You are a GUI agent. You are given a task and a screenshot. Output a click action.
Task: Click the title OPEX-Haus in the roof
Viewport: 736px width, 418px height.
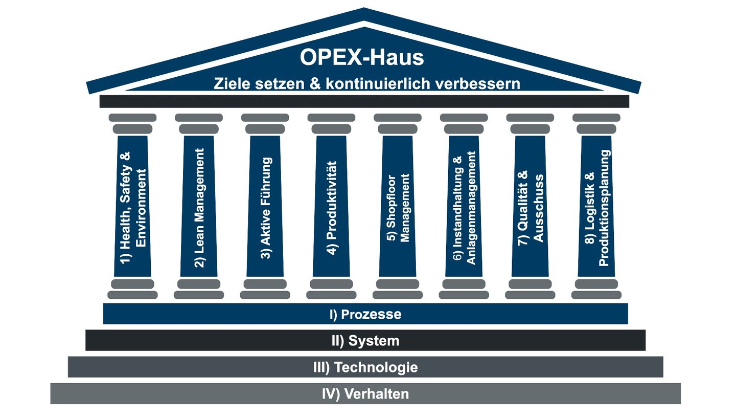coord(361,57)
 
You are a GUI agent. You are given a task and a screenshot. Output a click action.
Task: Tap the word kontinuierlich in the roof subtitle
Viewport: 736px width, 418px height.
coord(378,83)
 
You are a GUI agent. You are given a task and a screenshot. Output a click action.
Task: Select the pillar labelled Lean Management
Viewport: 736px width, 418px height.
coord(199,207)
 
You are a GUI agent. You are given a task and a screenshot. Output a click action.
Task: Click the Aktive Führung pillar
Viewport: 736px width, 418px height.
coord(265,207)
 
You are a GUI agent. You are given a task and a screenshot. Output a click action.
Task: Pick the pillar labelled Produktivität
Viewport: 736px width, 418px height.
coord(331,207)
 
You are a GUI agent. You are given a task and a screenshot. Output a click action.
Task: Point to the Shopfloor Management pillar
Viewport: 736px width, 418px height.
coord(398,207)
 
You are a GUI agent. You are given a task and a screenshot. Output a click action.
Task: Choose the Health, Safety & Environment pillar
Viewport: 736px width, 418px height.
coord(132,207)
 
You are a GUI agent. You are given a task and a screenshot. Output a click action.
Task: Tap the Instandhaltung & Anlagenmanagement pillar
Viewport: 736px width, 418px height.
coord(464,207)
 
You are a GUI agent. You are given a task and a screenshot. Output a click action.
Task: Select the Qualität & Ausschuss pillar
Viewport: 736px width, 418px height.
coord(530,207)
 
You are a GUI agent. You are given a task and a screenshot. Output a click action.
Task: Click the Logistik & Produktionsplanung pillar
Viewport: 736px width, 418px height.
coord(596,207)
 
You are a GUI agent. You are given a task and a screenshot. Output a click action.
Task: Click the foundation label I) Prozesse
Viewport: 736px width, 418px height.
coord(365,314)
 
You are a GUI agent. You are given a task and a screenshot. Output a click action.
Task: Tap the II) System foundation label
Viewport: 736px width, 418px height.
coord(365,341)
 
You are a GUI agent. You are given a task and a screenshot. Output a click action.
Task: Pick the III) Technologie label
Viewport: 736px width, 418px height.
coord(365,367)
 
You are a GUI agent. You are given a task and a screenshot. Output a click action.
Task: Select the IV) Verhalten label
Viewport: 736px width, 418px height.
coord(365,394)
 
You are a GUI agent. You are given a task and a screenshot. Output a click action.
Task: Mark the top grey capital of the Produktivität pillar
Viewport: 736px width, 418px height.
coord(331,118)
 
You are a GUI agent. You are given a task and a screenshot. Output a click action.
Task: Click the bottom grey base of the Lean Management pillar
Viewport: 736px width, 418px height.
coord(199,295)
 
